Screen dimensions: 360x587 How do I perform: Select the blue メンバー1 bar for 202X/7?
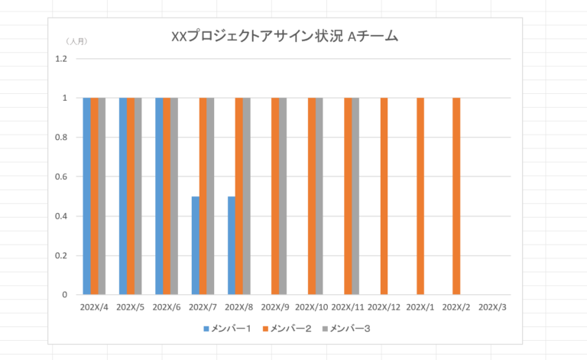coord(196,245)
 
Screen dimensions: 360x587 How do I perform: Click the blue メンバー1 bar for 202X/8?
coord(232,245)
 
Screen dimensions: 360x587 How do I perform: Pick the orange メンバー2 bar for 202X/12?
coord(384,196)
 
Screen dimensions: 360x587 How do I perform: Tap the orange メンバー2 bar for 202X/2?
coord(456,196)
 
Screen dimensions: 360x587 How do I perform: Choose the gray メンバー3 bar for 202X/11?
coord(355,196)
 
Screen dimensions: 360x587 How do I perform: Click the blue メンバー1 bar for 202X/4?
coord(86,196)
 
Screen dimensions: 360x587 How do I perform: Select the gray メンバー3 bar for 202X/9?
coord(283,196)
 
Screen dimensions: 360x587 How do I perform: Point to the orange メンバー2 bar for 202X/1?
coord(420,196)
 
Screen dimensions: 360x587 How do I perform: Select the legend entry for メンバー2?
coord(286,329)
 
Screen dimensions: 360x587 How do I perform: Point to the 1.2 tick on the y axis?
coord(62,59)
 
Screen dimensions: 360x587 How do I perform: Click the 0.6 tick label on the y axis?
coord(62,177)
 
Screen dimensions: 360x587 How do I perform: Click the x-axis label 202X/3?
coord(492,307)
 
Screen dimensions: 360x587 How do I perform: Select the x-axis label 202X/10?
coord(311,307)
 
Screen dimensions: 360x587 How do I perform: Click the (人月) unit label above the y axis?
coord(76,41)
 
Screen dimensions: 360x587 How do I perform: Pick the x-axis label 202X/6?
coord(167,307)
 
